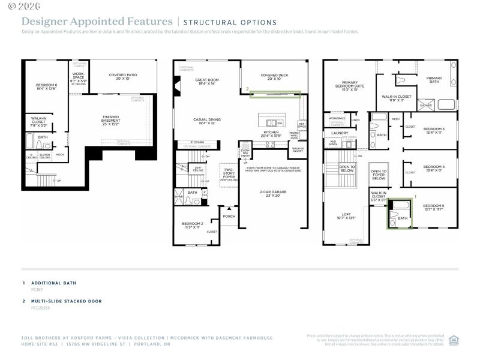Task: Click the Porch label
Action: click(x=229, y=216)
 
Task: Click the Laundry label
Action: click(x=340, y=133)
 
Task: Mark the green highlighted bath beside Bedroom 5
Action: click(x=398, y=214)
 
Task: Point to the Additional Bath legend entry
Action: click(x=53, y=283)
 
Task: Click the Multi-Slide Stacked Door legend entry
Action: click(x=66, y=301)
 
